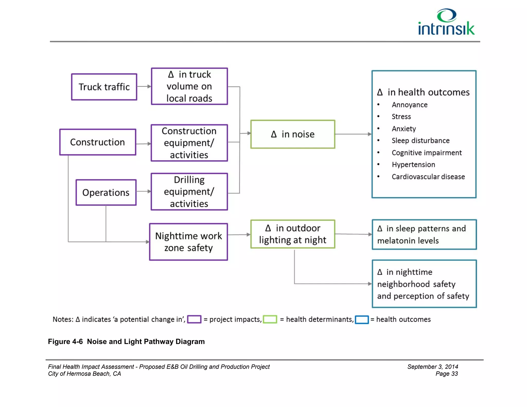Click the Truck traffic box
(x=104, y=87)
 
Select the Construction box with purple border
(x=98, y=142)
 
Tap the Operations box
(x=106, y=192)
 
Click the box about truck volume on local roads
(x=189, y=86)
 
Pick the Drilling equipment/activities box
(x=189, y=192)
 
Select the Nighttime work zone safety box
(x=188, y=242)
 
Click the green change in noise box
(x=293, y=134)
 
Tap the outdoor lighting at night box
(x=293, y=234)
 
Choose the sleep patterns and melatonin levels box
(x=424, y=235)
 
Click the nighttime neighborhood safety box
(x=424, y=284)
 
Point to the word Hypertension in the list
(x=413, y=165)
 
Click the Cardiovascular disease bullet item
(x=428, y=177)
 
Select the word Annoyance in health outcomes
(x=409, y=105)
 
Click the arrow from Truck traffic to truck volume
(x=144, y=86)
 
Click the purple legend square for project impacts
(x=194, y=319)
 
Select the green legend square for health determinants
(x=270, y=319)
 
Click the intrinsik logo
(x=446, y=22)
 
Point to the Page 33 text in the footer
(x=446, y=374)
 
